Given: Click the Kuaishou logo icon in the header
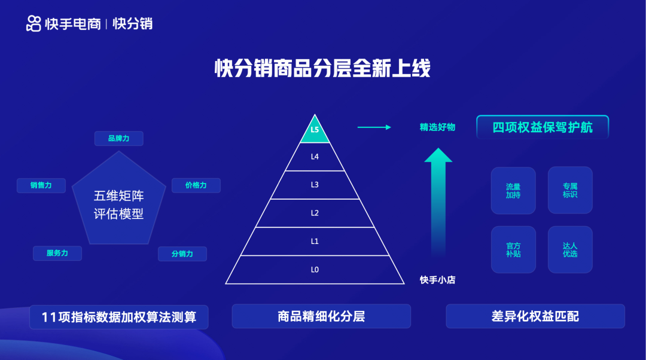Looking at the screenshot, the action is pyautogui.click(x=34, y=23).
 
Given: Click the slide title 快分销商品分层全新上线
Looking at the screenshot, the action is pyautogui.click(x=322, y=68).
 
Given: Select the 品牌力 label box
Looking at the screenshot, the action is pyautogui.click(x=118, y=139).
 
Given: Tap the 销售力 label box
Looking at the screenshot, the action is pyautogui.click(x=41, y=185).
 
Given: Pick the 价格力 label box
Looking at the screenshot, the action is pyautogui.click(x=196, y=185).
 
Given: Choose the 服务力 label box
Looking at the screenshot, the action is pyautogui.click(x=57, y=253).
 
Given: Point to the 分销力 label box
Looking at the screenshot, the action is pyautogui.click(x=182, y=254).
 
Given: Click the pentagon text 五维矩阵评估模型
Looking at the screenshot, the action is pyautogui.click(x=119, y=205).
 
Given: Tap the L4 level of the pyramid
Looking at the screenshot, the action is pyautogui.click(x=315, y=157).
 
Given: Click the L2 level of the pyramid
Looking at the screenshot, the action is pyautogui.click(x=315, y=213).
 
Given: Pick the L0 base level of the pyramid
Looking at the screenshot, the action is pyautogui.click(x=315, y=270).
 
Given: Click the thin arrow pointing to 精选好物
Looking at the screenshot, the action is pyautogui.click(x=374, y=127).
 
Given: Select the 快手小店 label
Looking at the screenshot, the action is pyautogui.click(x=437, y=279).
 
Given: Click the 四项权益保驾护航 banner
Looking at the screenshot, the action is pyautogui.click(x=543, y=127).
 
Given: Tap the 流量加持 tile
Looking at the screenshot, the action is pyautogui.click(x=513, y=190).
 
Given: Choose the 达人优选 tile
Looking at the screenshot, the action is pyautogui.click(x=570, y=249).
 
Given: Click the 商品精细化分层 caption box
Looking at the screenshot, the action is pyautogui.click(x=321, y=316).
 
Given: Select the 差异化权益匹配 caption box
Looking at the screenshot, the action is pyautogui.click(x=535, y=316).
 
